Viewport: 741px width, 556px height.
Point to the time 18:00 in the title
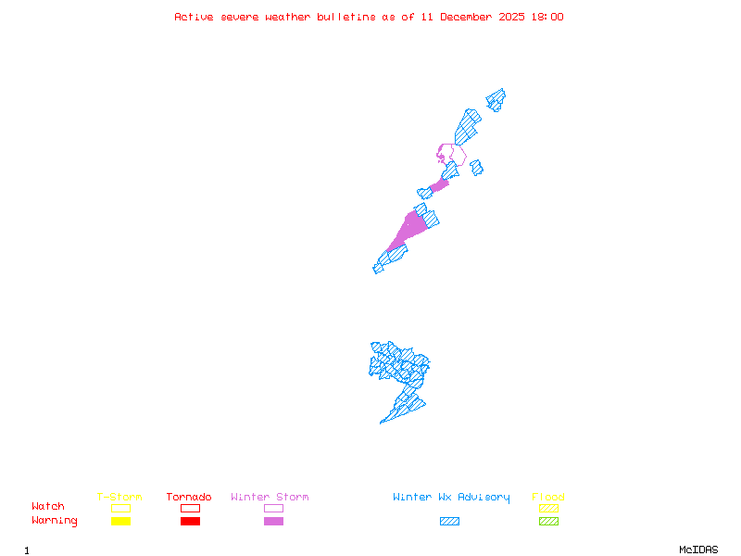546,17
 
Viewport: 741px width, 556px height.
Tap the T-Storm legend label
119,498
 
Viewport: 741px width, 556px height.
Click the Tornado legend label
189,498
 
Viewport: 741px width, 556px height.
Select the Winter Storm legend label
270,498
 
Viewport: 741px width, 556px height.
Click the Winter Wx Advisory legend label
451,498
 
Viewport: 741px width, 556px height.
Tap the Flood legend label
548,498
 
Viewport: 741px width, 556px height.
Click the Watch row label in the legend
48,507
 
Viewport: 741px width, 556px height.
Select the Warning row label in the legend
55,521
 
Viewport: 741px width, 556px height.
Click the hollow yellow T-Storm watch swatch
120,508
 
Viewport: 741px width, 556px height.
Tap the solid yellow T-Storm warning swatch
120,522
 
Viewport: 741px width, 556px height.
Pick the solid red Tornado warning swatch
190,522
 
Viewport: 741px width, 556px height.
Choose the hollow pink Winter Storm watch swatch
273,508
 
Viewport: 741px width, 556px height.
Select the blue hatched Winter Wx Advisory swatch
449,522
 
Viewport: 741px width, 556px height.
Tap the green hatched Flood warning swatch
548,522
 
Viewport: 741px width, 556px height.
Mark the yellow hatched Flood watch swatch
548,508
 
